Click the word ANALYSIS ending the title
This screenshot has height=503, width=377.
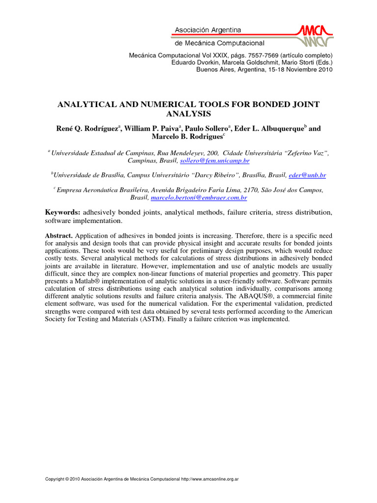pyautogui.click(x=188, y=114)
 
